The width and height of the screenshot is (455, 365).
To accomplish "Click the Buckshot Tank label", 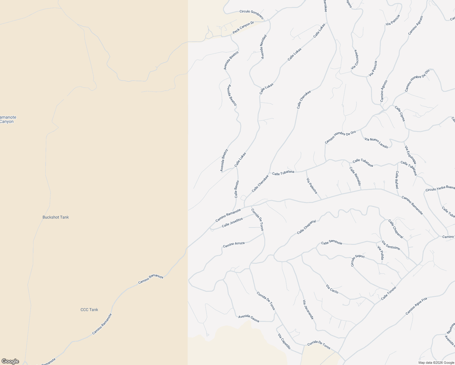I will [56, 217].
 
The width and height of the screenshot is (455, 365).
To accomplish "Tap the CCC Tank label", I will [89, 310].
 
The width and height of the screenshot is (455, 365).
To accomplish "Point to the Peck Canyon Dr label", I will [243, 28].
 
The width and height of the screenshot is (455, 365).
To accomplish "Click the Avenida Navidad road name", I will [263, 47].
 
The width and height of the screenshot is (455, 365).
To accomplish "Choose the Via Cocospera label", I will [355, 59].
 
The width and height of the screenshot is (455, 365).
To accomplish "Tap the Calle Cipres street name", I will [400, 113].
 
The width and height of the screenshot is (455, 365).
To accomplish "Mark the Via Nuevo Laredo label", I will [376, 143].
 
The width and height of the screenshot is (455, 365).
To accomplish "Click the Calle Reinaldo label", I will [355, 176].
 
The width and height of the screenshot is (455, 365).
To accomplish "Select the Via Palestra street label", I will [312, 186].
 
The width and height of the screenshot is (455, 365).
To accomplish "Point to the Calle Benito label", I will [237, 189].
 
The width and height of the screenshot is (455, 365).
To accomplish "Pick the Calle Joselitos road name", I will [232, 222].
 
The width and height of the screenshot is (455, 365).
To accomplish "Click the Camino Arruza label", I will [234, 244].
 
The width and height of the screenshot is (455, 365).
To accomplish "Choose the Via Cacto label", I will [332, 289].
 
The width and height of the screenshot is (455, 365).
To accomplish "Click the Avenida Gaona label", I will [249, 318].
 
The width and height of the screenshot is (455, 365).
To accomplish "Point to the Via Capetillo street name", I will [284, 341].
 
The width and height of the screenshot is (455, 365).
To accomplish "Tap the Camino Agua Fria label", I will [416, 306].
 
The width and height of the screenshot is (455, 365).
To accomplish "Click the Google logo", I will [10, 361].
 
